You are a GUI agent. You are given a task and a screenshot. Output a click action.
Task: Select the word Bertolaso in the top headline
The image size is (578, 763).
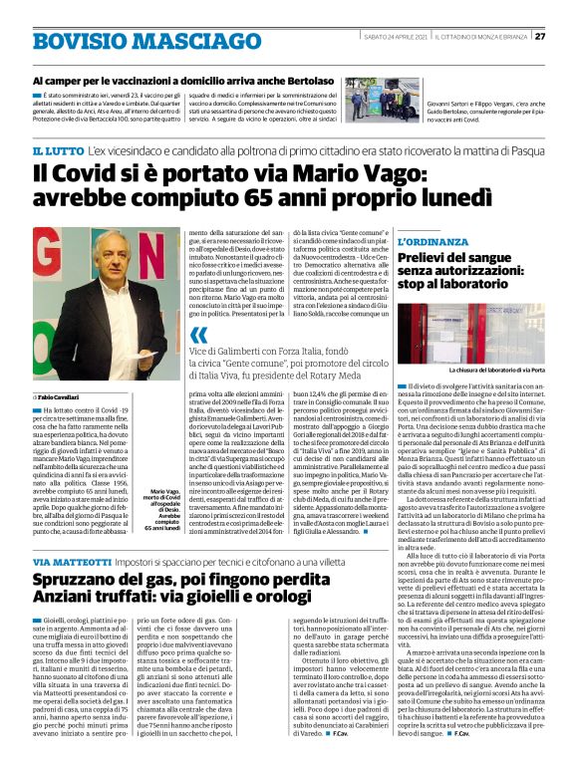click(305, 80)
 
